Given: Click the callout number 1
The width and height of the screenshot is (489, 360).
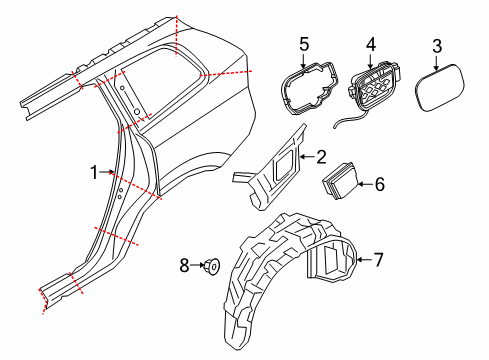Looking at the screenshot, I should pos(95,172).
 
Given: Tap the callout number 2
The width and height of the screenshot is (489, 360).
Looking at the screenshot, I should pos(321,156).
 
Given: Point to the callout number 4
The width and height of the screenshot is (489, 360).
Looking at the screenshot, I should pos(370,44).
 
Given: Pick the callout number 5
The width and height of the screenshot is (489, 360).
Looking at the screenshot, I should pos(305,44).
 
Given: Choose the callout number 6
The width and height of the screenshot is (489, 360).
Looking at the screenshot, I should pos(378,184).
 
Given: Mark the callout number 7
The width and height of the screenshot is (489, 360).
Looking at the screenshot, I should pos(377,260).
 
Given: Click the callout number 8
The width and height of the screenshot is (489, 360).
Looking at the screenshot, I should pos(184,266).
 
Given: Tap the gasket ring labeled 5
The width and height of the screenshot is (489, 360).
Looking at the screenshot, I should pos(305,85).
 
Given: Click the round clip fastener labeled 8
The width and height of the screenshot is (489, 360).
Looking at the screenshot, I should pos(212,266).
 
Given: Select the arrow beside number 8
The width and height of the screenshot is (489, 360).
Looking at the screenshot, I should pos(197,266).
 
